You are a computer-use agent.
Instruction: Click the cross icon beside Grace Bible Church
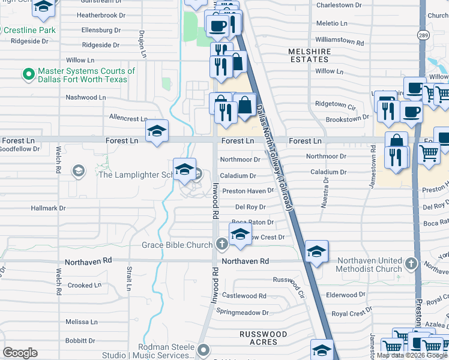click(x=221, y=244)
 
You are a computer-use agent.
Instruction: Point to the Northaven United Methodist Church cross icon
click(x=411, y=263)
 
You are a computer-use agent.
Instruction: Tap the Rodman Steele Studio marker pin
click(x=203, y=349)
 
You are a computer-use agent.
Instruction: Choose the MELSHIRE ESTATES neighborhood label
click(x=309, y=56)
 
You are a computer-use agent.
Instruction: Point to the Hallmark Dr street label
click(x=49, y=208)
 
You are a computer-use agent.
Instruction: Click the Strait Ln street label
click(x=128, y=280)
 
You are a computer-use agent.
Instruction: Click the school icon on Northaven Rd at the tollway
click(x=316, y=252)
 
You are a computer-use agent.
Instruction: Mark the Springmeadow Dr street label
click(x=243, y=313)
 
